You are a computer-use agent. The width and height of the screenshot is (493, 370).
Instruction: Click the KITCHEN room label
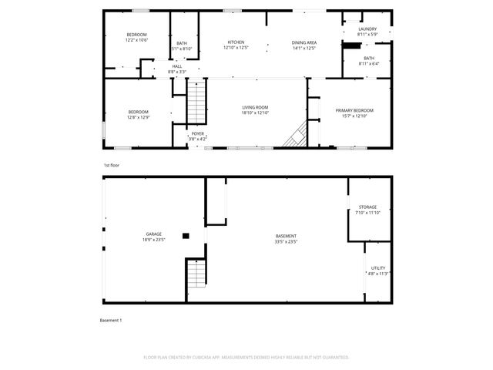(x=236, y=42)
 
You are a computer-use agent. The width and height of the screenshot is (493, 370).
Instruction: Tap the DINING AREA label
(x=304, y=42)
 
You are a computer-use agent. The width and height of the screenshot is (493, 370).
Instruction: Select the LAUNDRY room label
(x=367, y=29)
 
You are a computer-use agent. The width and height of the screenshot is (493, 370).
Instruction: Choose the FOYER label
(x=198, y=133)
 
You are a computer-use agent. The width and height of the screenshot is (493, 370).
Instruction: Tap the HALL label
(x=177, y=66)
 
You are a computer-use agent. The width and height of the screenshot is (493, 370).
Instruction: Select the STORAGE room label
(x=367, y=207)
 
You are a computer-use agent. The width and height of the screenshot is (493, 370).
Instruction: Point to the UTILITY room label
(x=377, y=267)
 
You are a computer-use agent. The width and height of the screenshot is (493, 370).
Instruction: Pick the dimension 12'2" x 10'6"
(x=137, y=40)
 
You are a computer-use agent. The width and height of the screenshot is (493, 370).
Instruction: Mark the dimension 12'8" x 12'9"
(x=138, y=117)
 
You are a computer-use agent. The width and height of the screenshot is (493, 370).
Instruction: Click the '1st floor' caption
(x=112, y=165)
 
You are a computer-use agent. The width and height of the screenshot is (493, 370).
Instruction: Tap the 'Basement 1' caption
(x=111, y=320)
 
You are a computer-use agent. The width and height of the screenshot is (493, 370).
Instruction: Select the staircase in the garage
(x=196, y=274)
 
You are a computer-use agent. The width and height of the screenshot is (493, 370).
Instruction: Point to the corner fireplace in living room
(x=295, y=138)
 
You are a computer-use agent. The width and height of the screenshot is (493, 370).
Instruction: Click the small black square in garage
(x=186, y=236)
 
